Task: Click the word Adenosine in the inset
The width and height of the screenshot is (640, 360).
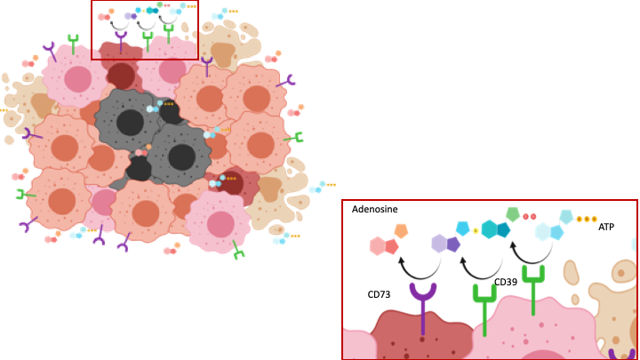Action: coord(374,210)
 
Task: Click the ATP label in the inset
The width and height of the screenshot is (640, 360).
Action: coord(606,228)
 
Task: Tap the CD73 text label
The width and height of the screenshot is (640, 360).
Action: coord(380,294)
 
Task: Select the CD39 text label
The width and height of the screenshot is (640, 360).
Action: coord(506,283)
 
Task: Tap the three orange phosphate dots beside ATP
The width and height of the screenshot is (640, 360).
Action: coord(587,219)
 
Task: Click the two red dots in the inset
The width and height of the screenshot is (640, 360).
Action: coord(529,217)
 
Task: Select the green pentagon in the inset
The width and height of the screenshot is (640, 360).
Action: coord(513,214)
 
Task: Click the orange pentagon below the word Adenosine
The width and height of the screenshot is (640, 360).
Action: coord(401,231)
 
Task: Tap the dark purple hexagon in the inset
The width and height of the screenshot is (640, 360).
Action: coord(453,244)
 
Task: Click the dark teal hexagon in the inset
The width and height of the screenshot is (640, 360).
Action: coord(503,229)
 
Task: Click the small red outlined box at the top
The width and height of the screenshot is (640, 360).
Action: coord(145,29)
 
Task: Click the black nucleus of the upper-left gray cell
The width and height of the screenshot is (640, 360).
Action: coord(130,123)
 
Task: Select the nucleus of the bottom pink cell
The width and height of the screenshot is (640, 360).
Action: coord(220,224)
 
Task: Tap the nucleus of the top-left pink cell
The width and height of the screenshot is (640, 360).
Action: coord(77,79)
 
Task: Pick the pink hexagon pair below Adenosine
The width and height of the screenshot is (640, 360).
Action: coord(384,246)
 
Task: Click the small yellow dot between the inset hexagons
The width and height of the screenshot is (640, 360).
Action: coord(476,230)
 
